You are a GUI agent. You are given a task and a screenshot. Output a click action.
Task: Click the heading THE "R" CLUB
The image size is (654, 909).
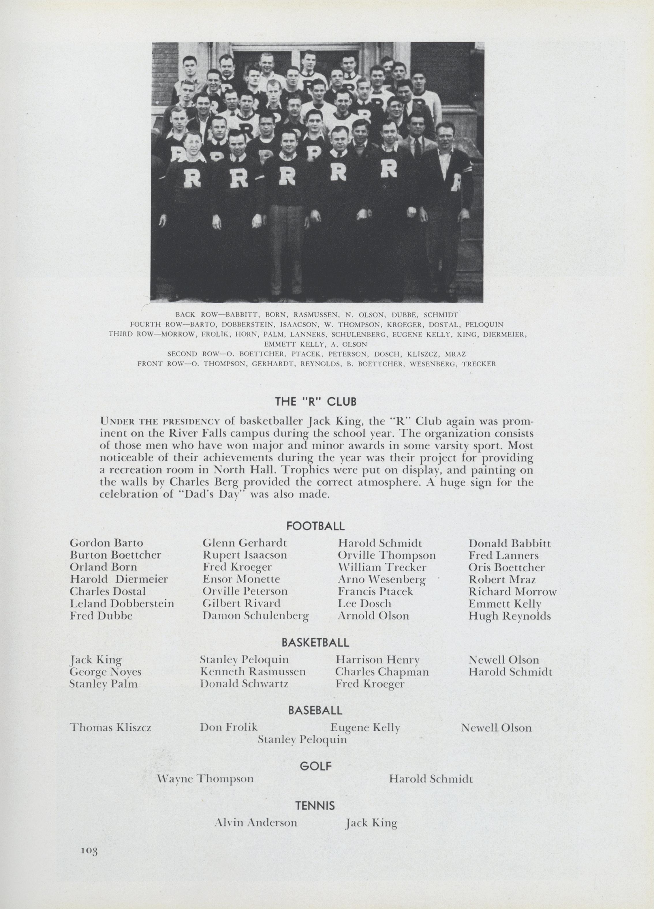tap(315, 401)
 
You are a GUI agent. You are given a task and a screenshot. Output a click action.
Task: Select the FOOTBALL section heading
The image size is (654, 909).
tap(315, 526)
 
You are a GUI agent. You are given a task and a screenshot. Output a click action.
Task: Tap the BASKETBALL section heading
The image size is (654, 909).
tap(315, 643)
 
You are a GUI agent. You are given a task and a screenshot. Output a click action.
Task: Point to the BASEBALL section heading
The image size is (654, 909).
tap(315, 711)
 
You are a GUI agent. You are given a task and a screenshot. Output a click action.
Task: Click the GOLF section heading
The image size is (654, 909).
tap(316, 766)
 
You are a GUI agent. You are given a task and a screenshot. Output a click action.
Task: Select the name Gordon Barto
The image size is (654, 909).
tap(106, 543)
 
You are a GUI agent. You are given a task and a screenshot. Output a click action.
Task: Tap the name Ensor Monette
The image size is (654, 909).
tap(241, 579)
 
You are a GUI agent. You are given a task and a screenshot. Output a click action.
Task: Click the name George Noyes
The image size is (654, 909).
tap(105, 672)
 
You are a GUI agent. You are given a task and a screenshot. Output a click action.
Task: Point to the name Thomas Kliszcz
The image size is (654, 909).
tap(111, 727)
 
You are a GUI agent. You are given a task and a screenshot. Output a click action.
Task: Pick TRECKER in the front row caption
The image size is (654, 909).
tap(479, 364)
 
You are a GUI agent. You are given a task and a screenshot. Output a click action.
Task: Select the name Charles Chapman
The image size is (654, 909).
tap(382, 672)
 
